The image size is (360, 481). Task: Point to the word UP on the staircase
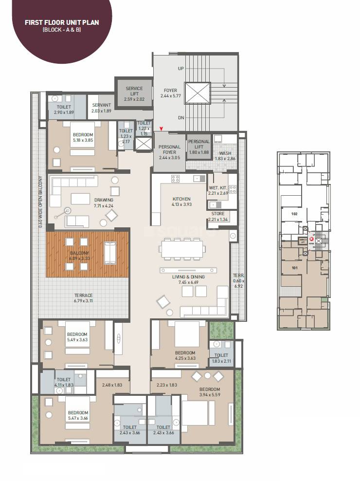181,69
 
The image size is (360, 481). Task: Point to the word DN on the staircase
181,117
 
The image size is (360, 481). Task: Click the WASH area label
225,153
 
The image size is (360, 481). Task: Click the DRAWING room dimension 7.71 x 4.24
104,206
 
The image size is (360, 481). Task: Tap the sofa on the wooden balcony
110,252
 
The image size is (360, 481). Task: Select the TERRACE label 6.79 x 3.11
83,298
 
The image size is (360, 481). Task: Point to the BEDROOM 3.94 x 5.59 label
209,392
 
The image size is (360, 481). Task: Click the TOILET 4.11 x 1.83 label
64,382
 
